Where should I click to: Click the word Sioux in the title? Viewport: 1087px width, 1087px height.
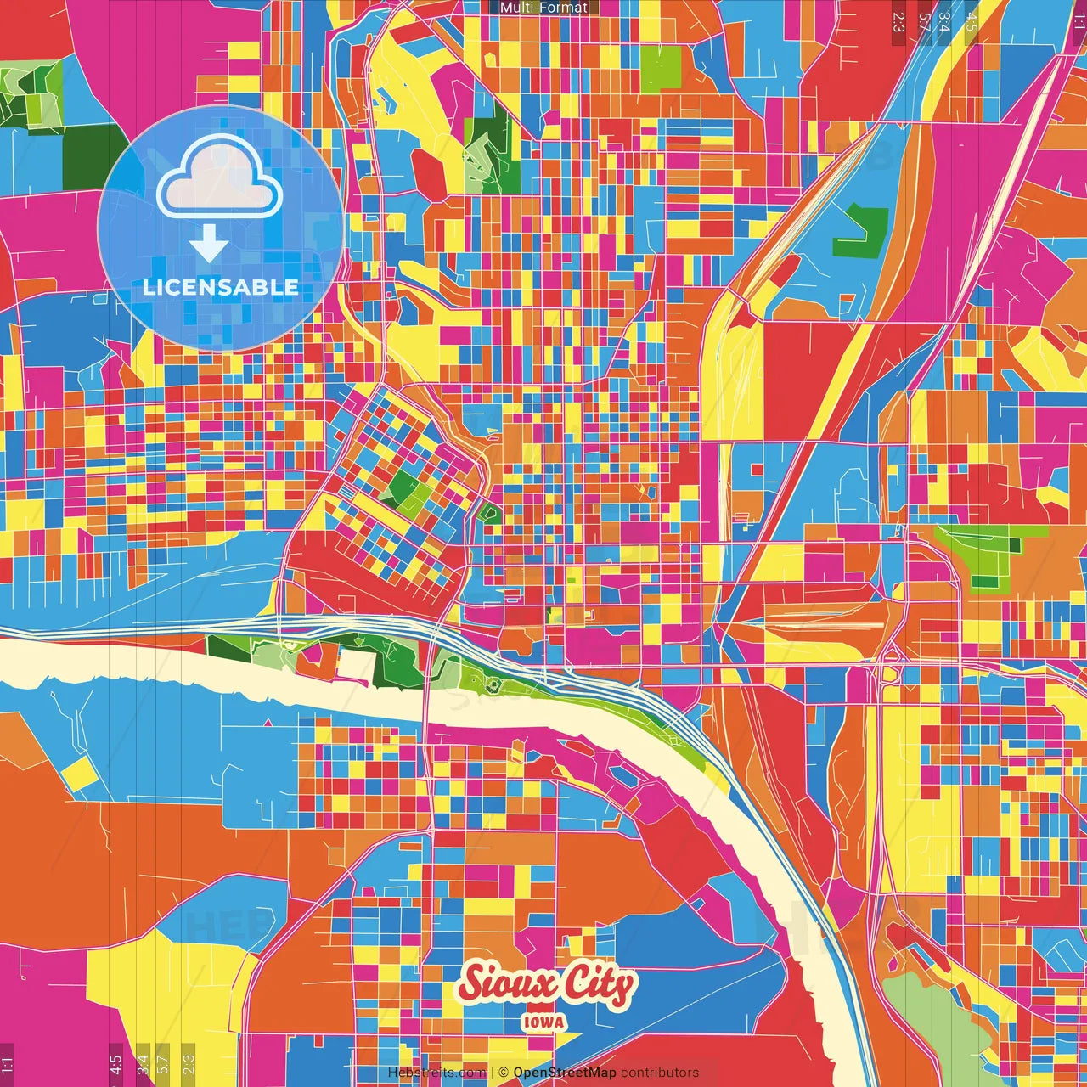tap(508, 984)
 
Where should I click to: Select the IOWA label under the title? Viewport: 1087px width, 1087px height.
tap(544, 1022)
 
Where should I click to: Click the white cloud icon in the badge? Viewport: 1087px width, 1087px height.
tap(220, 176)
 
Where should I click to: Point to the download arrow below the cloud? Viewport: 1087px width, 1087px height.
tap(208, 245)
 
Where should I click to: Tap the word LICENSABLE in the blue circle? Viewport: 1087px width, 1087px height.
tap(220, 287)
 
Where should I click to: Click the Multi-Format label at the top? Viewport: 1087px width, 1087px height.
tap(543, 8)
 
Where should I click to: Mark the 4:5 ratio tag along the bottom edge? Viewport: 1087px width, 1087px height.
tap(116, 1065)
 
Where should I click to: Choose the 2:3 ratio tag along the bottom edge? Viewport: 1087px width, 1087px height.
tap(189, 1065)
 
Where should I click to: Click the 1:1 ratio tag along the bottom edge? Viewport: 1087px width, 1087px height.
tap(8, 1065)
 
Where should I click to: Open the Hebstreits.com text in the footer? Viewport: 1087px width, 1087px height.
tap(436, 1073)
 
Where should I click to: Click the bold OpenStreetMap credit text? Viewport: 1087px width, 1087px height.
tap(565, 1073)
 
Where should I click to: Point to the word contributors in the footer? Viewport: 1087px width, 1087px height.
tap(660, 1073)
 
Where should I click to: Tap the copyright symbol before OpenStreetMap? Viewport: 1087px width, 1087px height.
tap(504, 1073)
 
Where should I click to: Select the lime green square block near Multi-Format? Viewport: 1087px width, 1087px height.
tap(661, 69)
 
